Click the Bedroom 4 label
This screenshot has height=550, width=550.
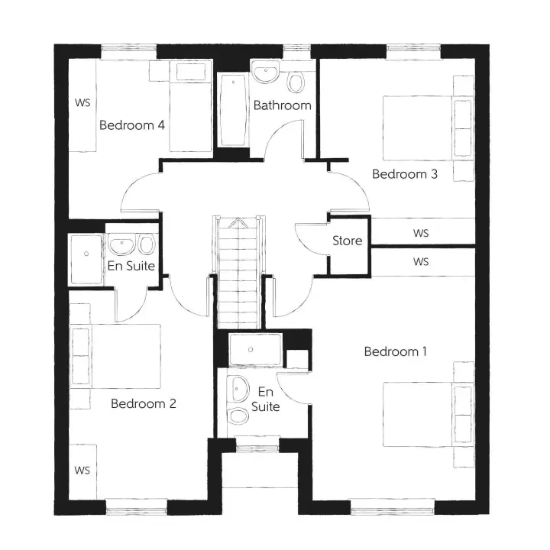point(132,125)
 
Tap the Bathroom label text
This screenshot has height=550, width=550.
point(283,105)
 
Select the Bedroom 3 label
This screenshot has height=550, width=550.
point(405,174)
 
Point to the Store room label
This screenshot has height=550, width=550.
point(348,241)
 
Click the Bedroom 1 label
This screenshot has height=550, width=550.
point(396,351)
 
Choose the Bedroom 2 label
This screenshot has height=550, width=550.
point(144,404)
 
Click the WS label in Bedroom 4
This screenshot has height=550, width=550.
point(82,103)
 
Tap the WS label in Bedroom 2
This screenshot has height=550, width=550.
point(82,471)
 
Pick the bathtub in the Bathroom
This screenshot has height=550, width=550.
point(233,110)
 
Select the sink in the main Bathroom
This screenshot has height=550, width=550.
point(267,72)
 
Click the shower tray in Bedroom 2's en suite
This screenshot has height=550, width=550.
point(86,259)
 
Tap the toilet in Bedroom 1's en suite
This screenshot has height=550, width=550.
point(238,416)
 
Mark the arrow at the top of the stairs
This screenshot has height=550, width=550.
point(238,222)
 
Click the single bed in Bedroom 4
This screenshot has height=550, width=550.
point(191,106)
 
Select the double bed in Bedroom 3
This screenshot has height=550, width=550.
point(427,128)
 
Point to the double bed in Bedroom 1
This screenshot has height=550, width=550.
point(427,415)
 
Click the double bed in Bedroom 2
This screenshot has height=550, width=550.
point(115,356)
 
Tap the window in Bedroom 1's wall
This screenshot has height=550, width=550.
point(393,507)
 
